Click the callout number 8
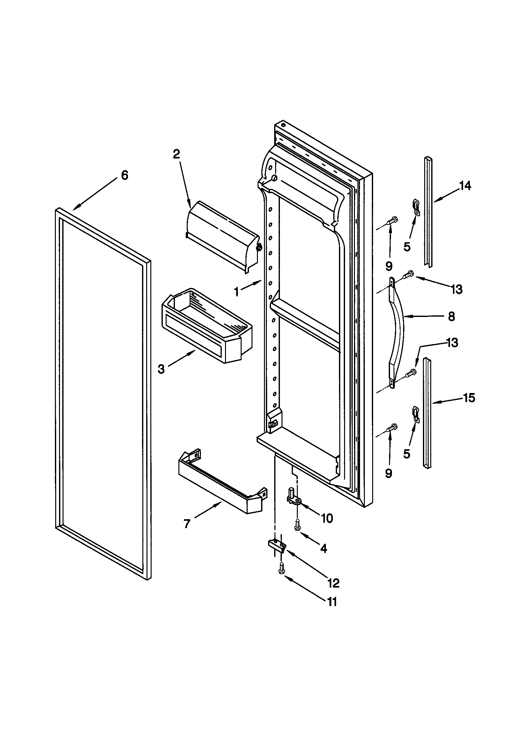452,316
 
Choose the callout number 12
334,583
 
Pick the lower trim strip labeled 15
427,413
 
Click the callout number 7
187,524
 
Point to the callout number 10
327,518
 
